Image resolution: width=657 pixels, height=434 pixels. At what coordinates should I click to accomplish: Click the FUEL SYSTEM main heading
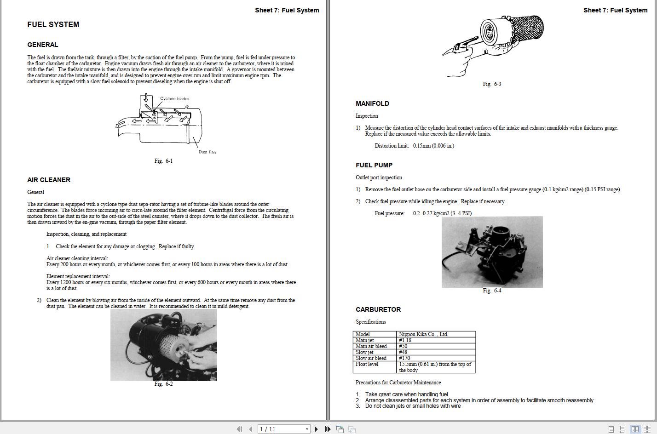[53, 25]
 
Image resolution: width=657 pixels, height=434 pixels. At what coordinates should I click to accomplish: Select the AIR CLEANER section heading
[49, 180]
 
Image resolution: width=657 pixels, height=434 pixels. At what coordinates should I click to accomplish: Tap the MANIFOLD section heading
[372, 103]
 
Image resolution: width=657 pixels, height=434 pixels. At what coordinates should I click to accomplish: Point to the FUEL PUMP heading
[374, 165]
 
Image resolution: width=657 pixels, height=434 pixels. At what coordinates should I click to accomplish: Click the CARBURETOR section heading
[378, 309]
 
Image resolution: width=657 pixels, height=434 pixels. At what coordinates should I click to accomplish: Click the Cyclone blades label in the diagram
[174, 98]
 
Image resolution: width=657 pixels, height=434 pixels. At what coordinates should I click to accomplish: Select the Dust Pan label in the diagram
[207, 152]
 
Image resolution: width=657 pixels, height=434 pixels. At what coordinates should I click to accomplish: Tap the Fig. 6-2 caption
[163, 384]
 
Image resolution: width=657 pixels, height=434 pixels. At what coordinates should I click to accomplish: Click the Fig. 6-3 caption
[492, 84]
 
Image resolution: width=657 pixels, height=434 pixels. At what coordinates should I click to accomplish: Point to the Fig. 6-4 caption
[492, 291]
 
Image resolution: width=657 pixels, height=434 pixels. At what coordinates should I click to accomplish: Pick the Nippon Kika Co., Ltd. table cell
[423, 334]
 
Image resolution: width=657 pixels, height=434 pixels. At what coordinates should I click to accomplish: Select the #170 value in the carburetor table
[404, 358]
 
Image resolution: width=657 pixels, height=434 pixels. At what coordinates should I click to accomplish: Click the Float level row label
[367, 364]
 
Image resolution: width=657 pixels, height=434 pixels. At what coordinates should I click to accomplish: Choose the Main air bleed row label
[371, 346]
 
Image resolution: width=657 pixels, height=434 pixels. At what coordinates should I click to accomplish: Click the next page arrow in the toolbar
[316, 429]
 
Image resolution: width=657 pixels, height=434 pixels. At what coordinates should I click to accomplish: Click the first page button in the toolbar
[239, 429]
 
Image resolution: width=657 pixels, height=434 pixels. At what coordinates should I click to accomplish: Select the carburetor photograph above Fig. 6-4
[492, 252]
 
